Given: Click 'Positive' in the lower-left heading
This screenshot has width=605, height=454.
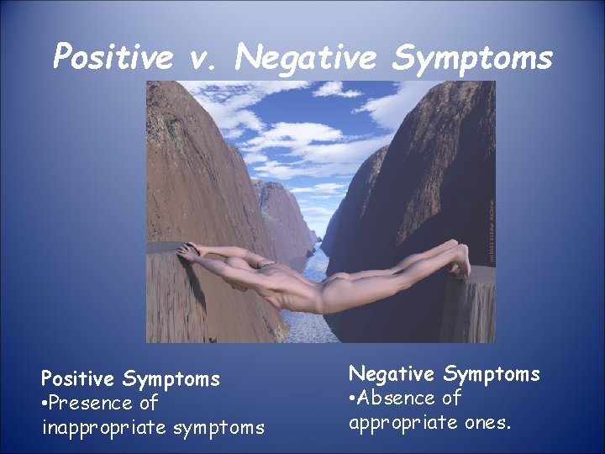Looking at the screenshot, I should point(80,379).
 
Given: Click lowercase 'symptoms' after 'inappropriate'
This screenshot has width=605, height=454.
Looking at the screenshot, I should point(218,429).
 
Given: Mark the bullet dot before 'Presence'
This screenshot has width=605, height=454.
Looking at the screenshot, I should point(45,404).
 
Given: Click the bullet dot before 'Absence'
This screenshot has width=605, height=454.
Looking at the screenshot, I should point(352,399).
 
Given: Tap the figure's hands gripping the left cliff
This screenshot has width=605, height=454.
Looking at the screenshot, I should point(187,250).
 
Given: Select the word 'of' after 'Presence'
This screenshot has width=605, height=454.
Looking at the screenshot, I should point(149,404).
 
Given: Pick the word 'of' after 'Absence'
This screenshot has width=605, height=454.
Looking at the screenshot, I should point(451,398).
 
